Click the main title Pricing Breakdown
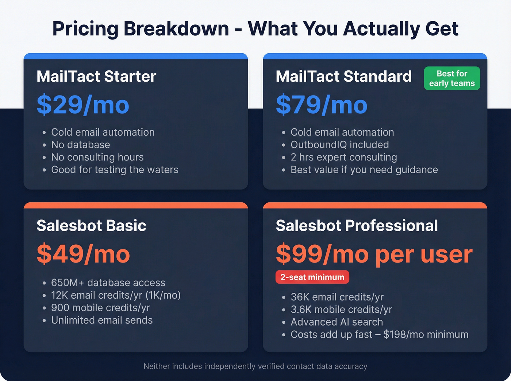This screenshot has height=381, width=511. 255,29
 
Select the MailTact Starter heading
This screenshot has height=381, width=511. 96,77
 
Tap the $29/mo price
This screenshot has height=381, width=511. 83,105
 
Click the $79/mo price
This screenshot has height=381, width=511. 322,105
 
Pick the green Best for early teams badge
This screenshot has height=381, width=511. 452,78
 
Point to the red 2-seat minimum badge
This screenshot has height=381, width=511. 312,277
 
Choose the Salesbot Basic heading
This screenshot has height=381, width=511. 91,226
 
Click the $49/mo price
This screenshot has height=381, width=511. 83,254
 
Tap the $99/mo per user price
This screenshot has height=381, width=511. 374,254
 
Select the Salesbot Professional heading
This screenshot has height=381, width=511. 357,226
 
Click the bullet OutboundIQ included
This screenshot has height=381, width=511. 339,145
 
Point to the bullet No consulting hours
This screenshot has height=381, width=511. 97,157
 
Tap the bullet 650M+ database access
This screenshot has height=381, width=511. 108,283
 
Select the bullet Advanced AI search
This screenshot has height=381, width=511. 337,322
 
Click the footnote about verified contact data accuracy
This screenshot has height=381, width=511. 255,366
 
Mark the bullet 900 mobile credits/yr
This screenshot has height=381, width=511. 100,308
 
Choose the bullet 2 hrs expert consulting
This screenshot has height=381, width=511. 343,157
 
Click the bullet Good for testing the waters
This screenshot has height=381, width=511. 115,170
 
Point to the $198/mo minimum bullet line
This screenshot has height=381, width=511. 379,334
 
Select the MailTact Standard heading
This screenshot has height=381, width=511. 343,77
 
